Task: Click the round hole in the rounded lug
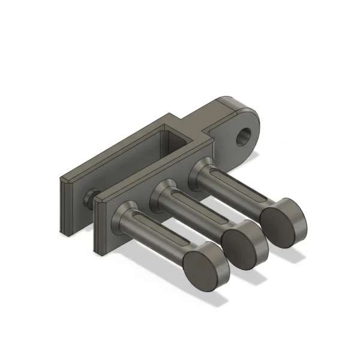click(x=245, y=136)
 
